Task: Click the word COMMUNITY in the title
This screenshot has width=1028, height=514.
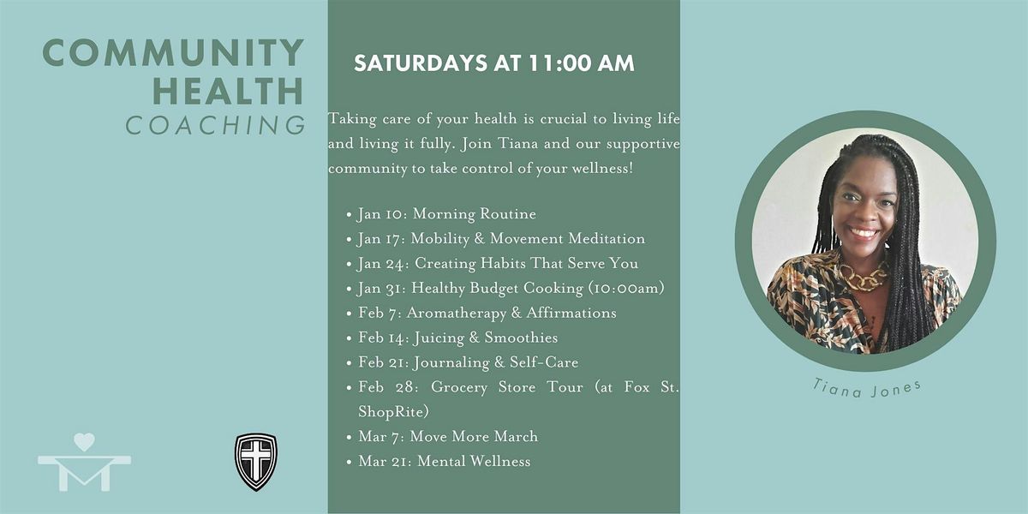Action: click(173, 52)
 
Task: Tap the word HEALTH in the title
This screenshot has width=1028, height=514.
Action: click(228, 91)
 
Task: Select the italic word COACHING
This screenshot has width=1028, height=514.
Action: click(216, 125)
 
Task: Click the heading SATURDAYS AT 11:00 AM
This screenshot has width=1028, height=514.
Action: click(494, 63)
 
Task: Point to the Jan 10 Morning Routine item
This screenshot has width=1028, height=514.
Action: click(446, 214)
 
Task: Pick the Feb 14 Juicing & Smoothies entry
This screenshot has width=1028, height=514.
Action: click(458, 338)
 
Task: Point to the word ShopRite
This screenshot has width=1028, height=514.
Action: click(394, 412)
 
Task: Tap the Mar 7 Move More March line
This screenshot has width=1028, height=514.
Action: click(448, 436)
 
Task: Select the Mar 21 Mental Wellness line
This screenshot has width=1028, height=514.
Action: click(445, 461)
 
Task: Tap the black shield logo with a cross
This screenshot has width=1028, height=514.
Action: click(256, 462)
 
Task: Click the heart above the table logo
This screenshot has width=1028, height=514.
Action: click(85, 442)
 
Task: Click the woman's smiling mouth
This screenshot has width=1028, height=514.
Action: click(863, 233)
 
